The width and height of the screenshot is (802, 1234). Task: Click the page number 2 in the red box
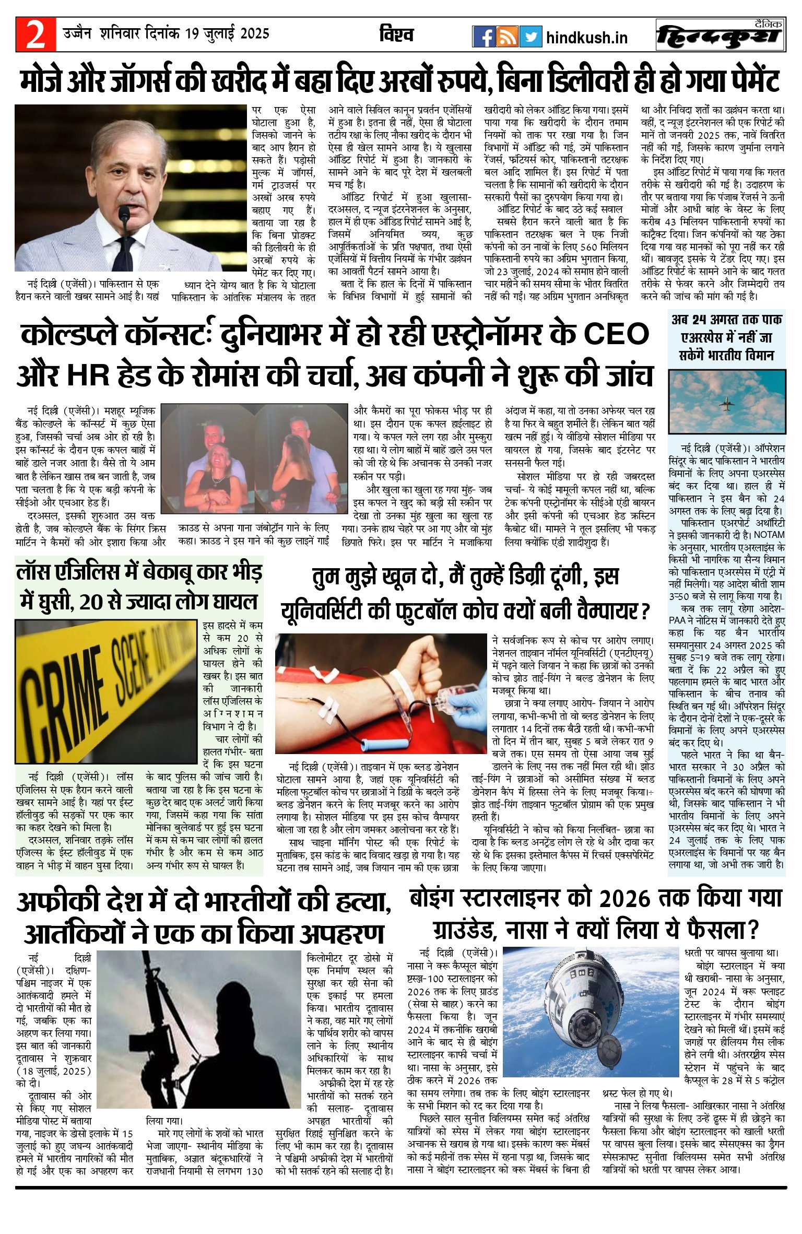[36, 34]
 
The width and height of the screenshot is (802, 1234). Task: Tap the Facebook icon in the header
[483, 37]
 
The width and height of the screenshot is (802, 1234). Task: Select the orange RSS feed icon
[507, 37]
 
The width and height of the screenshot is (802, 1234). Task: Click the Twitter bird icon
[530, 37]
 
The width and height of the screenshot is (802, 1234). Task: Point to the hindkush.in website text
[586, 38]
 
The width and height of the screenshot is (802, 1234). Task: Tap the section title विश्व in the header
[396, 34]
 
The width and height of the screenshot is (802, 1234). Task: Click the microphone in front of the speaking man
[124, 214]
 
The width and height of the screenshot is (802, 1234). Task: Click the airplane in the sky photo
[726, 403]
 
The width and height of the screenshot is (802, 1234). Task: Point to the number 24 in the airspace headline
[703, 320]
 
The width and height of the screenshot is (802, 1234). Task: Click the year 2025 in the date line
[255, 34]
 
